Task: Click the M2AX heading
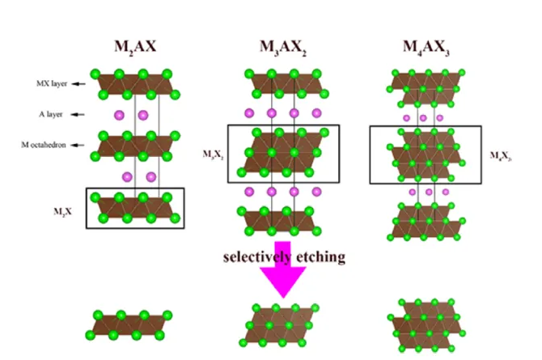134,44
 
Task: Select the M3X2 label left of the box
213,151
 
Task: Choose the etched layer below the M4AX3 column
426,322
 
